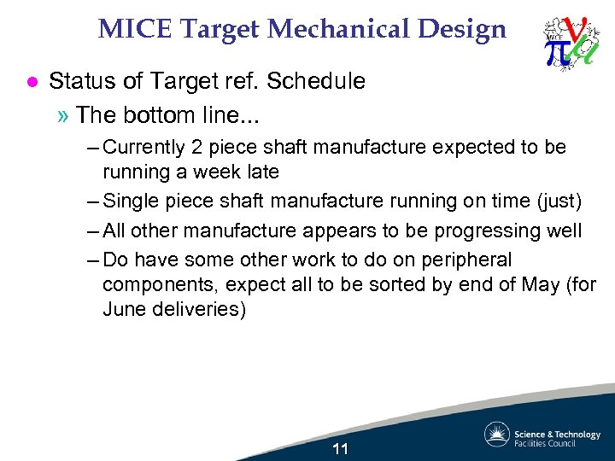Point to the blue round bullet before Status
click(31, 82)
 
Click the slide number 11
click(340, 449)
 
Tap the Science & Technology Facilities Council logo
click(542, 435)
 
